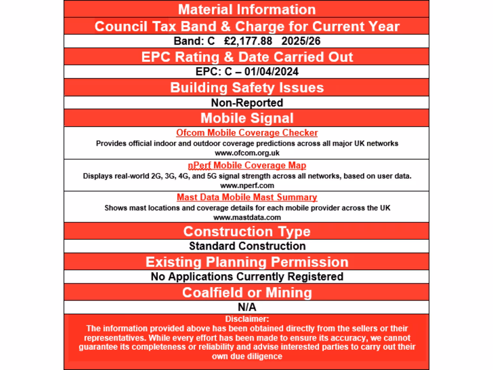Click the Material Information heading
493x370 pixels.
(246, 9)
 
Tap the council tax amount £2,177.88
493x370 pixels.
(248, 41)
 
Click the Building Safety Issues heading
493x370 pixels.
(246, 88)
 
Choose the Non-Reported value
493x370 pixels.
(246, 103)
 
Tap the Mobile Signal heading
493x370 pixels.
(246, 118)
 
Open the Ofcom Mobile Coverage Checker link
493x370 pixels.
(246, 132)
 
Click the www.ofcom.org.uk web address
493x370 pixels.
(246, 153)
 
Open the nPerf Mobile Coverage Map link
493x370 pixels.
(246, 165)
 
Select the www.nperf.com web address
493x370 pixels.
(246, 185)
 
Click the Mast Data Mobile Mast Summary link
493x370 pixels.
(246, 197)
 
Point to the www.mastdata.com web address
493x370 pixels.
(246, 217)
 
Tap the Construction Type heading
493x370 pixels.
(246, 231)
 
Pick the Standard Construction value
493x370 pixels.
(246, 246)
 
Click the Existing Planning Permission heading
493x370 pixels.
(246, 262)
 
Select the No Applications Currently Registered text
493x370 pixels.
(246, 277)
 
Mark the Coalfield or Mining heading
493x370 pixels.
(246, 292)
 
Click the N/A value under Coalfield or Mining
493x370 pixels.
(246, 307)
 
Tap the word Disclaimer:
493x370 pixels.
(246, 318)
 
